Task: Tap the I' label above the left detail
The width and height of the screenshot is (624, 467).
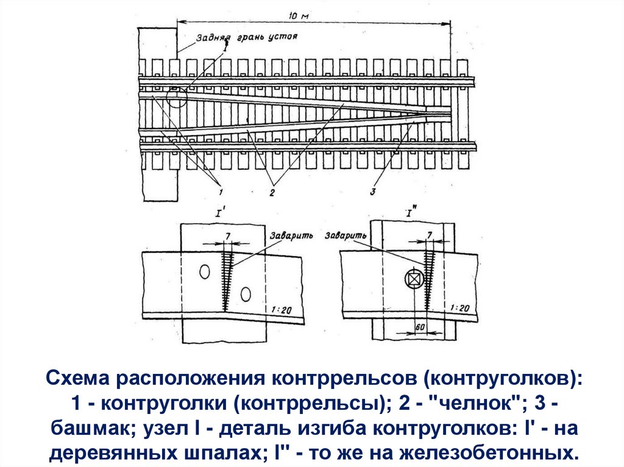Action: pos(221,214)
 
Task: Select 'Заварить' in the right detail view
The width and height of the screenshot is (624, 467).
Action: pos(346,236)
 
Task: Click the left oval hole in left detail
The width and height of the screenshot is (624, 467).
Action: pos(205,271)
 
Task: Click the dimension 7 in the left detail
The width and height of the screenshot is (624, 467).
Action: pos(227,235)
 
